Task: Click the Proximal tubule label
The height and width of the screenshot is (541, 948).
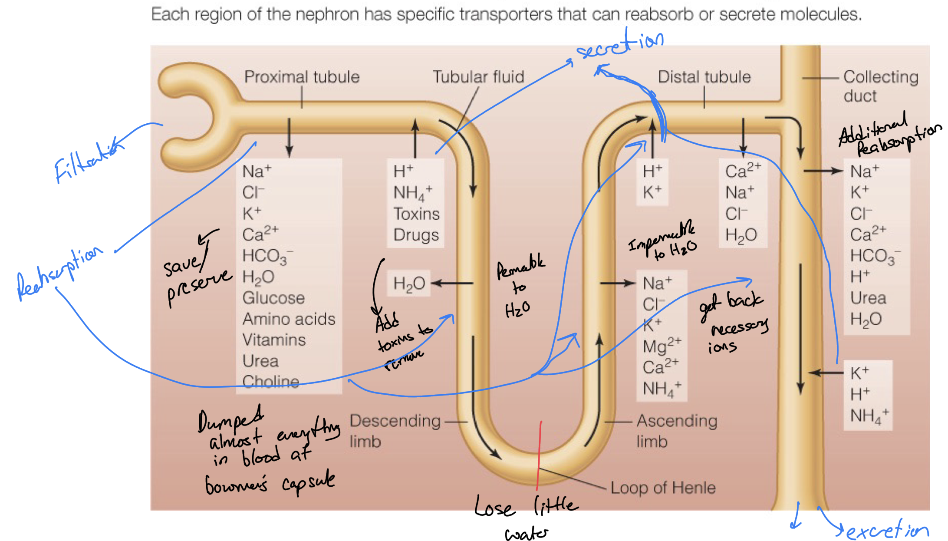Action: tap(302, 77)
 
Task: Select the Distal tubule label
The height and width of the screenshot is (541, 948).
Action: tap(704, 77)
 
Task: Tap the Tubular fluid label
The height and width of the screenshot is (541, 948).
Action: tap(478, 77)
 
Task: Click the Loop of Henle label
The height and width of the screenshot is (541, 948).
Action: tap(662, 488)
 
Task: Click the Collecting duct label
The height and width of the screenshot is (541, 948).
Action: tap(880, 86)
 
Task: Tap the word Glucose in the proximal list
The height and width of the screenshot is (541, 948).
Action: tap(273, 298)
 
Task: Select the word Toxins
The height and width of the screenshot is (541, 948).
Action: tap(416, 214)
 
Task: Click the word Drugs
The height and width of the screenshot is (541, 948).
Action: tap(416, 235)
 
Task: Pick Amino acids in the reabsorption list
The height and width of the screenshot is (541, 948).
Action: tap(289, 319)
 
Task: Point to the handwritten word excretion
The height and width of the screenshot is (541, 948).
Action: tap(887, 531)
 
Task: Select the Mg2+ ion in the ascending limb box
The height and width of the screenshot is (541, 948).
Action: tap(662, 346)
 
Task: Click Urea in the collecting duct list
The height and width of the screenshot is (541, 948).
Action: tap(868, 298)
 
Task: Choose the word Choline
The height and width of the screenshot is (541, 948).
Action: tap(270, 381)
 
